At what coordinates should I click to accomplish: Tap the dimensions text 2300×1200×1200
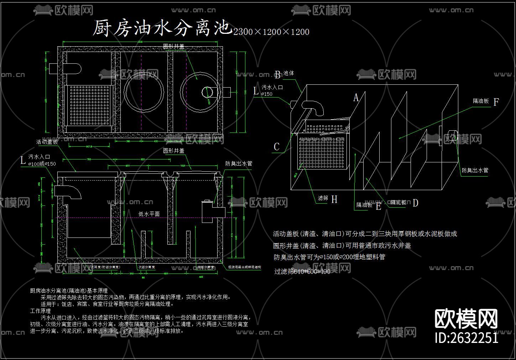pos(271,32)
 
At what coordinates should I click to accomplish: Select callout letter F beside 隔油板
pos(496,102)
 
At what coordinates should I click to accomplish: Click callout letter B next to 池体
pos(277,75)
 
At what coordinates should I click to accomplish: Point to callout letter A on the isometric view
pos(356,98)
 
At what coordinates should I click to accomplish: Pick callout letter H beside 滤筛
pos(334,199)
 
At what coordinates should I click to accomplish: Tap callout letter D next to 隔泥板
pos(415,203)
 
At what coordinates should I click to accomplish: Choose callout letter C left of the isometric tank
pos(277,147)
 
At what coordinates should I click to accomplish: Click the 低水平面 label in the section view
pos(149,214)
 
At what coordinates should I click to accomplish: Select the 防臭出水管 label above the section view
pos(239,164)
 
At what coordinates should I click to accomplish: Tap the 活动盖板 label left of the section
pos(47,142)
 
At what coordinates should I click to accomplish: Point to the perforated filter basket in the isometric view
pos(322,152)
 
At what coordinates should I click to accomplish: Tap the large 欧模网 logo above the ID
pos(466,318)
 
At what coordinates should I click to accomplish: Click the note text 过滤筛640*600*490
pos(302,272)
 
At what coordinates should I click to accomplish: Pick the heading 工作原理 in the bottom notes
pos(40,311)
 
